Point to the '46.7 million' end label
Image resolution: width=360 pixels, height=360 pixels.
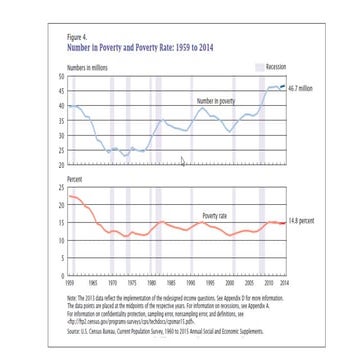pos(302,89)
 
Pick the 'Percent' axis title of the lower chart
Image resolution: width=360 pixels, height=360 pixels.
pos(73,183)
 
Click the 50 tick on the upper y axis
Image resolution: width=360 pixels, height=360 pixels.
pos(62,76)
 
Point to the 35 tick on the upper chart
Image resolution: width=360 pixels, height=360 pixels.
pos(62,120)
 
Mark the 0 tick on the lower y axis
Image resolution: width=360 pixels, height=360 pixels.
pos(63,275)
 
